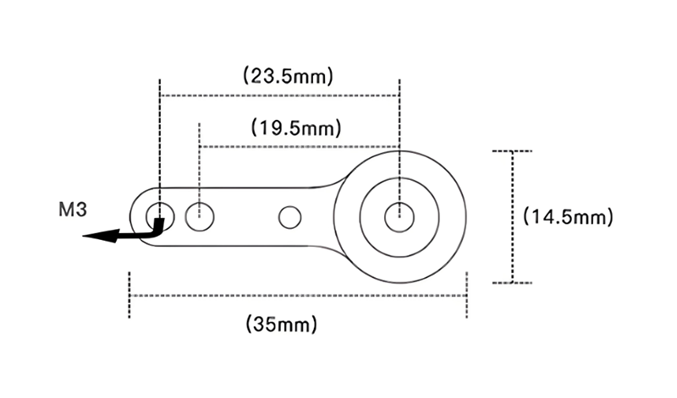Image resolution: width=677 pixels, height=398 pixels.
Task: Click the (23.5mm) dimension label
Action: click(x=288, y=76)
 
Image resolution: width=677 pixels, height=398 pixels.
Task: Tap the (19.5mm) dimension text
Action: click(x=296, y=128)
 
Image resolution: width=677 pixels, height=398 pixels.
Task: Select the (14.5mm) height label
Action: click(x=568, y=216)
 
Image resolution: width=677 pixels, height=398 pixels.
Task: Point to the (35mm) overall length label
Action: click(x=282, y=324)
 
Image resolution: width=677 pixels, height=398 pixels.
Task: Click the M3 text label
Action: click(x=73, y=210)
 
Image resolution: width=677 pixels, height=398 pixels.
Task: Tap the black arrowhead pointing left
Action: click(x=100, y=236)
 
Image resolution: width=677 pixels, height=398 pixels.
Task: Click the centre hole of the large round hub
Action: click(x=399, y=217)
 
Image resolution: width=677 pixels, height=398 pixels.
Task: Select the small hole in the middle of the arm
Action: click(x=289, y=217)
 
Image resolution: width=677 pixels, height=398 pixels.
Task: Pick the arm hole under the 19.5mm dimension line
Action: click(x=200, y=217)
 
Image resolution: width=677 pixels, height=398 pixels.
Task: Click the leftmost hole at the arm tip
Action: click(x=160, y=216)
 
